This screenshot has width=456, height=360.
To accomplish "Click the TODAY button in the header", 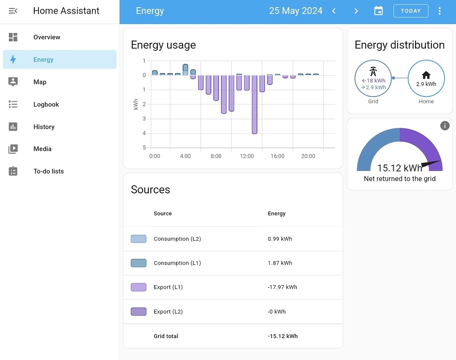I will coord(411,11).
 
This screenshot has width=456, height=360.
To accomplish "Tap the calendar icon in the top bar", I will coord(379,11).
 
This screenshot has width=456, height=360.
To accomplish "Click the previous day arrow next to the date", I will coord(334,11).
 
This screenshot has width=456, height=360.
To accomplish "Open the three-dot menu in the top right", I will coord(440,11).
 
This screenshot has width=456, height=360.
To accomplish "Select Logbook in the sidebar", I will coord(46,104).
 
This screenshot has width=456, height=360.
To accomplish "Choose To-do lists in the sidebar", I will coord(49,171).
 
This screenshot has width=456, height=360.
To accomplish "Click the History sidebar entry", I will coord(44,127).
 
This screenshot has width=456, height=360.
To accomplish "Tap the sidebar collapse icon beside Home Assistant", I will coord(13,11).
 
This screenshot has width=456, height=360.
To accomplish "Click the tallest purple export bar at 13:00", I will coord(254,105).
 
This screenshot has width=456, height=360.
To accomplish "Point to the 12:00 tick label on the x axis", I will coord(247,156).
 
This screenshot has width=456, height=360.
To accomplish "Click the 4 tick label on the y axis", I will coord(144,133).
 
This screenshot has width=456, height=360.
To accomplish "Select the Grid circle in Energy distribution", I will coord(373,79).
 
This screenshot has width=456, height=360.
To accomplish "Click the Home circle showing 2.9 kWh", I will coord(426,79).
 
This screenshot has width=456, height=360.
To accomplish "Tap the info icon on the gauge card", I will coord(444,126).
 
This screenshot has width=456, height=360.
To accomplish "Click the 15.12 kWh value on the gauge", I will coord(399,168).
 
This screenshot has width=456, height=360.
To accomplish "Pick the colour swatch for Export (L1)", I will coord(138,287).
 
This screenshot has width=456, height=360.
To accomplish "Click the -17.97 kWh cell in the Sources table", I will coord(282,287).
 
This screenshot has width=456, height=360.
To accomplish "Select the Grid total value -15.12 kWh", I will coord(282,336).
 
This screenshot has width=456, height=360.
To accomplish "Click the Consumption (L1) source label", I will coord(177,263).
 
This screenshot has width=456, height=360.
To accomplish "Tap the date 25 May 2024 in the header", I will coord(296,11).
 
